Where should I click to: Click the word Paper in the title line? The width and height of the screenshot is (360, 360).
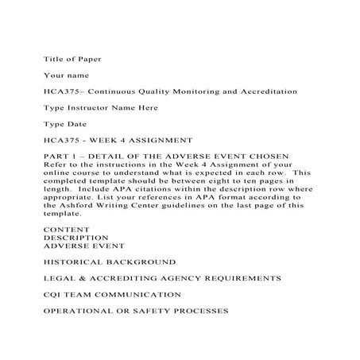pyautogui.click(x=89, y=59)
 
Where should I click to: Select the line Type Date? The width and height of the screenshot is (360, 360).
pyautogui.click(x=63, y=123)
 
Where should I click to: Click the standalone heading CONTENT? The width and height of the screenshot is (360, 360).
pyautogui.click(x=66, y=229)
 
